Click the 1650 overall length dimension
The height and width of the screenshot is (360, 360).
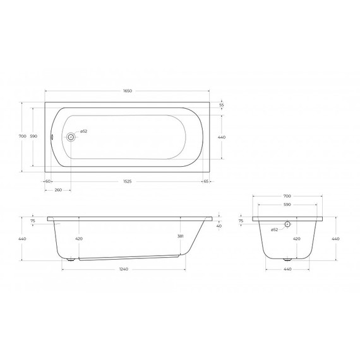click(x=127, y=91)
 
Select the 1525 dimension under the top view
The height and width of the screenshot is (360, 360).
click(x=127, y=181)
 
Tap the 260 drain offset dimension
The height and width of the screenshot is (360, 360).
click(x=58, y=189)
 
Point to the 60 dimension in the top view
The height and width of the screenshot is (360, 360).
click(x=48, y=181)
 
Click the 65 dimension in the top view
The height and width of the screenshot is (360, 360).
click(x=206, y=181)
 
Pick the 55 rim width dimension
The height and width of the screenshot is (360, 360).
click(x=221, y=105)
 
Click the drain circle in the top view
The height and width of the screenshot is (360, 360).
click(x=71, y=136)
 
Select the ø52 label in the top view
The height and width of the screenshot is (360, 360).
click(x=83, y=131)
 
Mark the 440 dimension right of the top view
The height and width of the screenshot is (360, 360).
click(x=221, y=136)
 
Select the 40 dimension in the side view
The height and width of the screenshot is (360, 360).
click(x=219, y=225)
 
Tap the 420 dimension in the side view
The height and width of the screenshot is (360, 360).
click(x=79, y=239)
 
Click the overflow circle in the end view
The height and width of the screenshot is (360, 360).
click(x=287, y=224)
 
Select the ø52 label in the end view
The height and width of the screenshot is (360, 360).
click(x=274, y=230)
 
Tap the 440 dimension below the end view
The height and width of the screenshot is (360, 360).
click(x=287, y=270)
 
